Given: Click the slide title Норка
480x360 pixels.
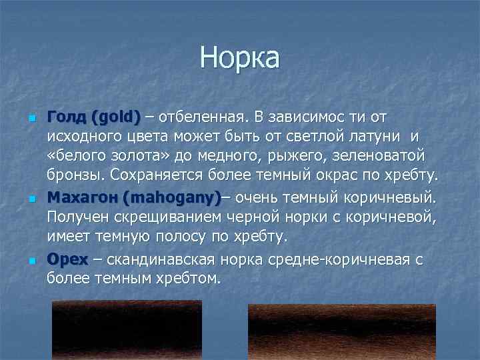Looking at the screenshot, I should click(239, 58).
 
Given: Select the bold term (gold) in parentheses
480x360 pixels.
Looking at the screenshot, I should click(117, 118).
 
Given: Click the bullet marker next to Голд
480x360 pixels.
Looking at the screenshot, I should click(31, 119).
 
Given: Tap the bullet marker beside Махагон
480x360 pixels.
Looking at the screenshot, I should click(31, 199).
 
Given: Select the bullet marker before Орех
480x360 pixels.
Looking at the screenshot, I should click(31, 259).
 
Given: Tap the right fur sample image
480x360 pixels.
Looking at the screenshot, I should click(341, 331).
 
